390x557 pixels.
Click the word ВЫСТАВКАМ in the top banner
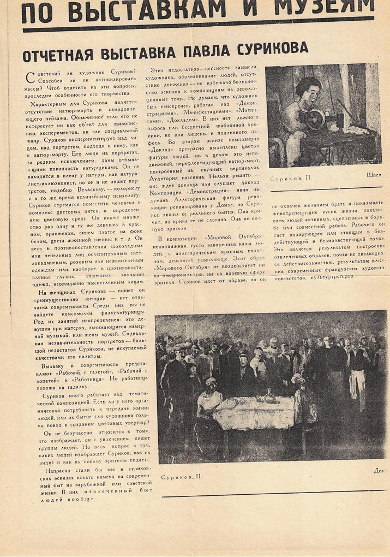(157, 10)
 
